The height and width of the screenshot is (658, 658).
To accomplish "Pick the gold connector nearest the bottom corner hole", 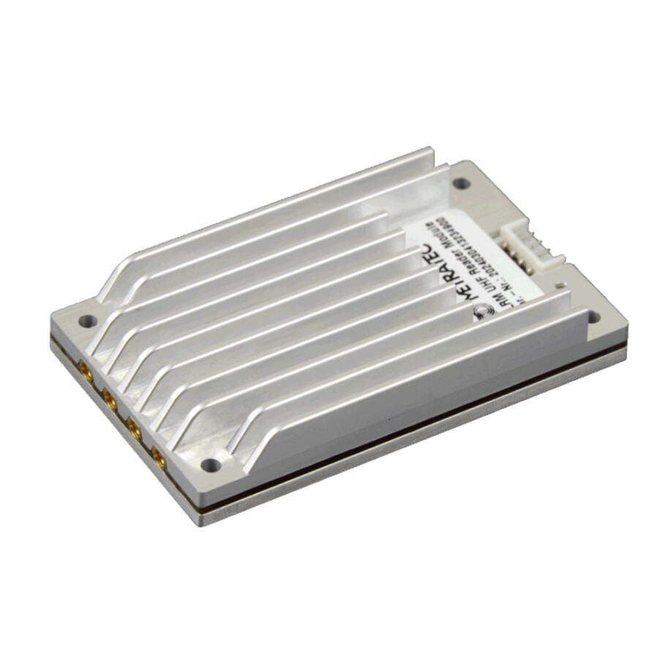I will [158, 459].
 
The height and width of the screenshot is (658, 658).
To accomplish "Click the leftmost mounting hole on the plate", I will [87, 320].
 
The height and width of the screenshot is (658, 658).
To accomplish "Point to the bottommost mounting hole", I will [210, 464].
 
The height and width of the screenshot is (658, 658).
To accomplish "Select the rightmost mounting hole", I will [593, 317].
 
